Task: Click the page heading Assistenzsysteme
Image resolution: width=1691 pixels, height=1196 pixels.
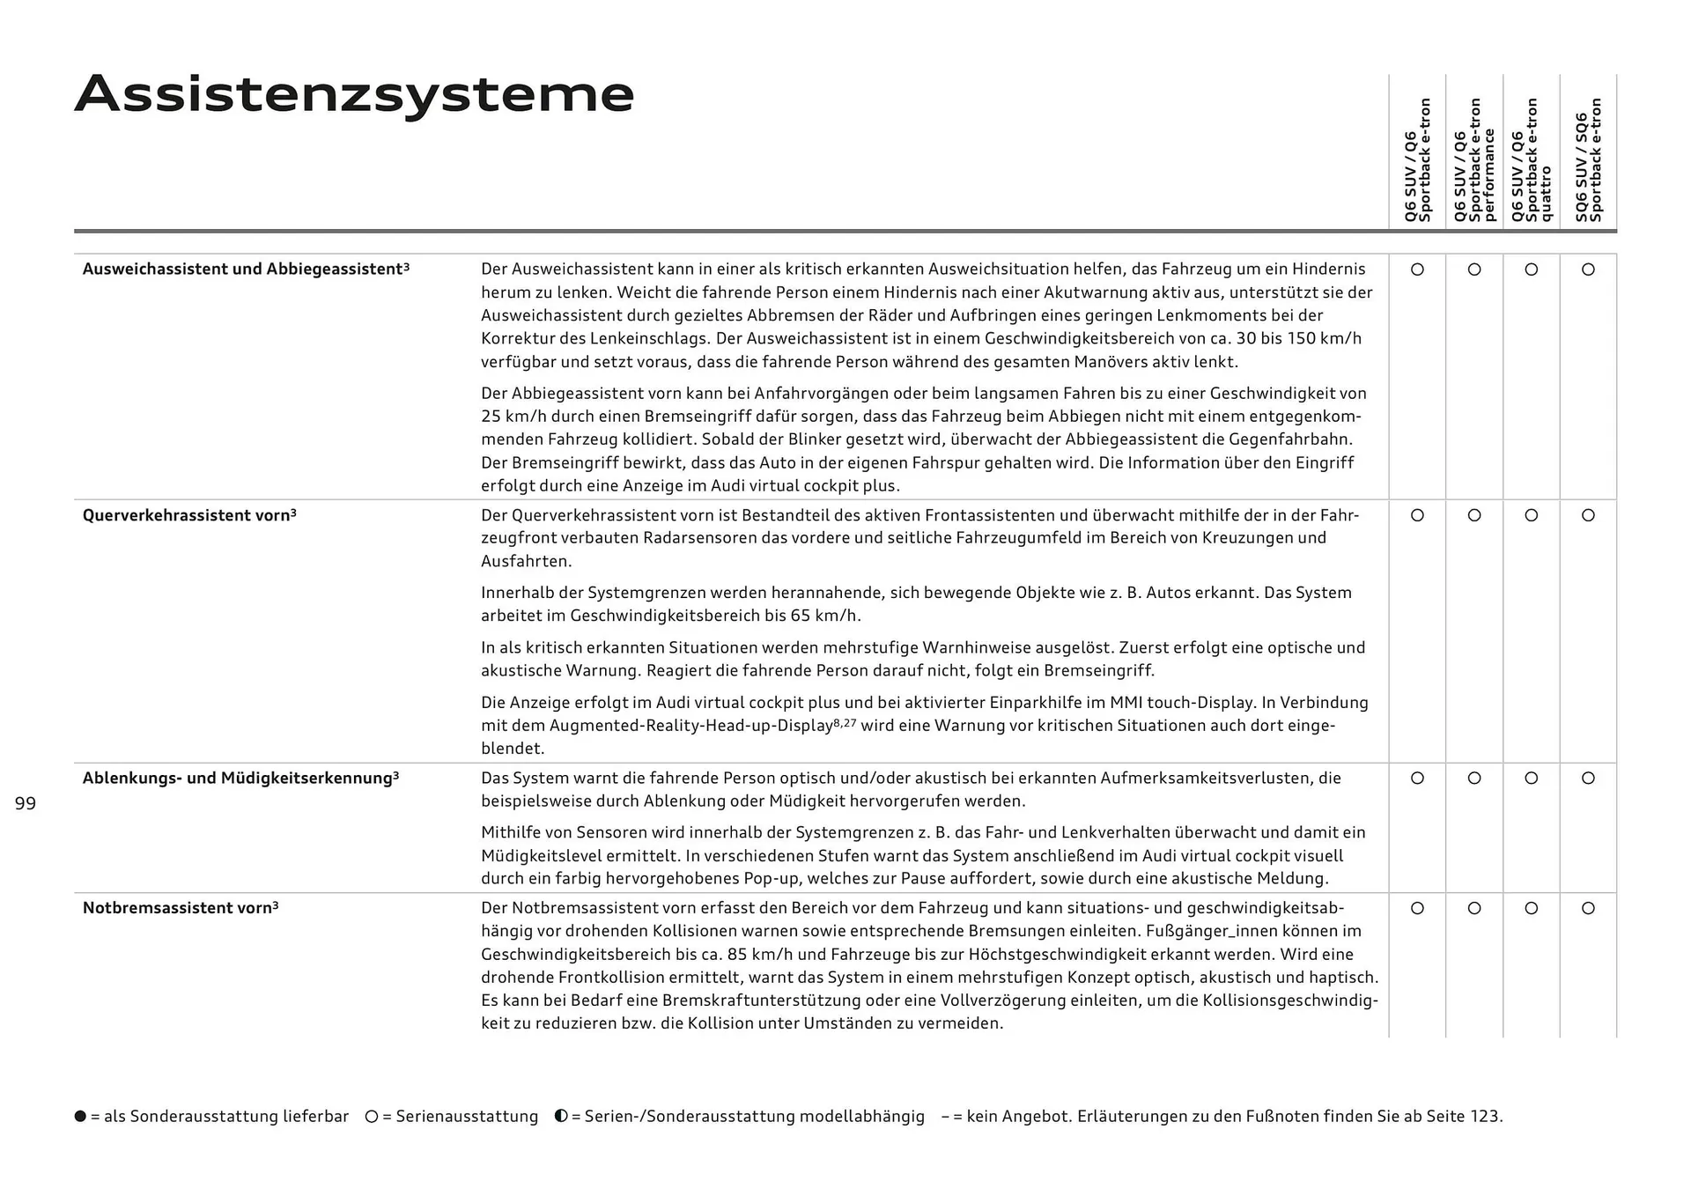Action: pos(354,94)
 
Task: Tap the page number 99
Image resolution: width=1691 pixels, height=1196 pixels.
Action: pos(26,803)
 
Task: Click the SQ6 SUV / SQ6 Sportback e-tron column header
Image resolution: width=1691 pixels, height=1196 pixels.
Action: pos(1588,160)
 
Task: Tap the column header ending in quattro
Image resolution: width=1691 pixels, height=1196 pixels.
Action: pos(1531,160)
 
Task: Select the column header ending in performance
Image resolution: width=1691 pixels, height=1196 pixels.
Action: pos(1474,160)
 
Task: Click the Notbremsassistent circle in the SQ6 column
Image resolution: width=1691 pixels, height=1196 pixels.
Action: pos(1588,908)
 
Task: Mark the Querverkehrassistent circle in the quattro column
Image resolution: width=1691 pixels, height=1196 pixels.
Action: pos(1531,515)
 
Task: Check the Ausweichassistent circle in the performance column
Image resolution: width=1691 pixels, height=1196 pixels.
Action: pos(1474,269)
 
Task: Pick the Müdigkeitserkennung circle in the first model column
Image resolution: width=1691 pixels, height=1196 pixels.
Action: pos(1417,779)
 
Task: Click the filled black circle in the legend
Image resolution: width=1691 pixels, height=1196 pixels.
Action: pos(81,1117)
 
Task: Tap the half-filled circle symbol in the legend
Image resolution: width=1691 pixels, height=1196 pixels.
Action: pos(561,1117)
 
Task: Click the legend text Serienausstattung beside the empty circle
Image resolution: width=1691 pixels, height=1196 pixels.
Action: pos(467,1117)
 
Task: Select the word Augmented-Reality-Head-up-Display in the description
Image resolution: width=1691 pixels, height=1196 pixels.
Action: pos(690,726)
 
